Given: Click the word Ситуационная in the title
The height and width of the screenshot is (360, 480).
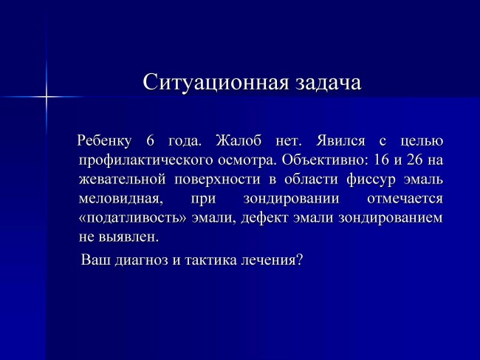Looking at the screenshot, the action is tap(216, 83).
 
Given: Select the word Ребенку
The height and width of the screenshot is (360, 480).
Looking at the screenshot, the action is tap(104, 141).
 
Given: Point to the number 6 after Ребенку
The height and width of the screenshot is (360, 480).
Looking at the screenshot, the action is tap(150, 140).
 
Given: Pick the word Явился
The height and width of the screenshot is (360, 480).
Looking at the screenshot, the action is tap(340, 141).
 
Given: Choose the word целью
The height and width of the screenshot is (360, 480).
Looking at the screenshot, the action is tap(422, 141).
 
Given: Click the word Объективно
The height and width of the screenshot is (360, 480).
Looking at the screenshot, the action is tap(326, 160).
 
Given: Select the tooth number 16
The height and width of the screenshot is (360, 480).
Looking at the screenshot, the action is tap(381, 160).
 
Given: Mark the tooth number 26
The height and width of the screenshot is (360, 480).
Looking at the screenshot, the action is tap(415, 160).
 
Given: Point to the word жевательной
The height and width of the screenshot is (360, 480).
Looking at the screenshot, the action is tap(122, 179).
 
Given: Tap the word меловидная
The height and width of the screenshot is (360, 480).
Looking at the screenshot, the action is tap(120, 199).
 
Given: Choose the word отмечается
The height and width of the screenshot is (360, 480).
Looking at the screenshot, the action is tap(405, 199).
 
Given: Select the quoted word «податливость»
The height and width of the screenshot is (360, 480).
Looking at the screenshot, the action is tap(132, 218).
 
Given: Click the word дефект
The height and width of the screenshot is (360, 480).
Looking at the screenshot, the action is tap(264, 218).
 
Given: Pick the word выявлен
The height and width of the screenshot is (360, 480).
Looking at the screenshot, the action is tap(128, 237).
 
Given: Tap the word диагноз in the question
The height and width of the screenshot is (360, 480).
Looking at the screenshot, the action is tap(142, 260).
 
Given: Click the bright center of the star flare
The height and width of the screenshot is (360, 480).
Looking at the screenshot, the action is tap(47, 97).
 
